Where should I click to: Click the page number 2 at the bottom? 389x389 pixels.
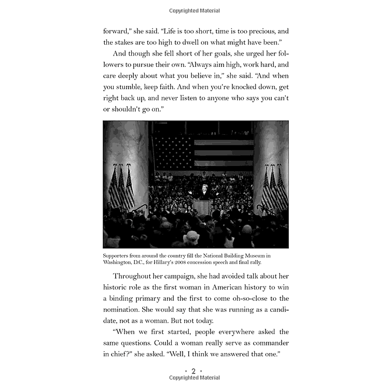click(x=194, y=371)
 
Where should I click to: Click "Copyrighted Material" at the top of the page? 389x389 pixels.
click(x=195, y=11)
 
